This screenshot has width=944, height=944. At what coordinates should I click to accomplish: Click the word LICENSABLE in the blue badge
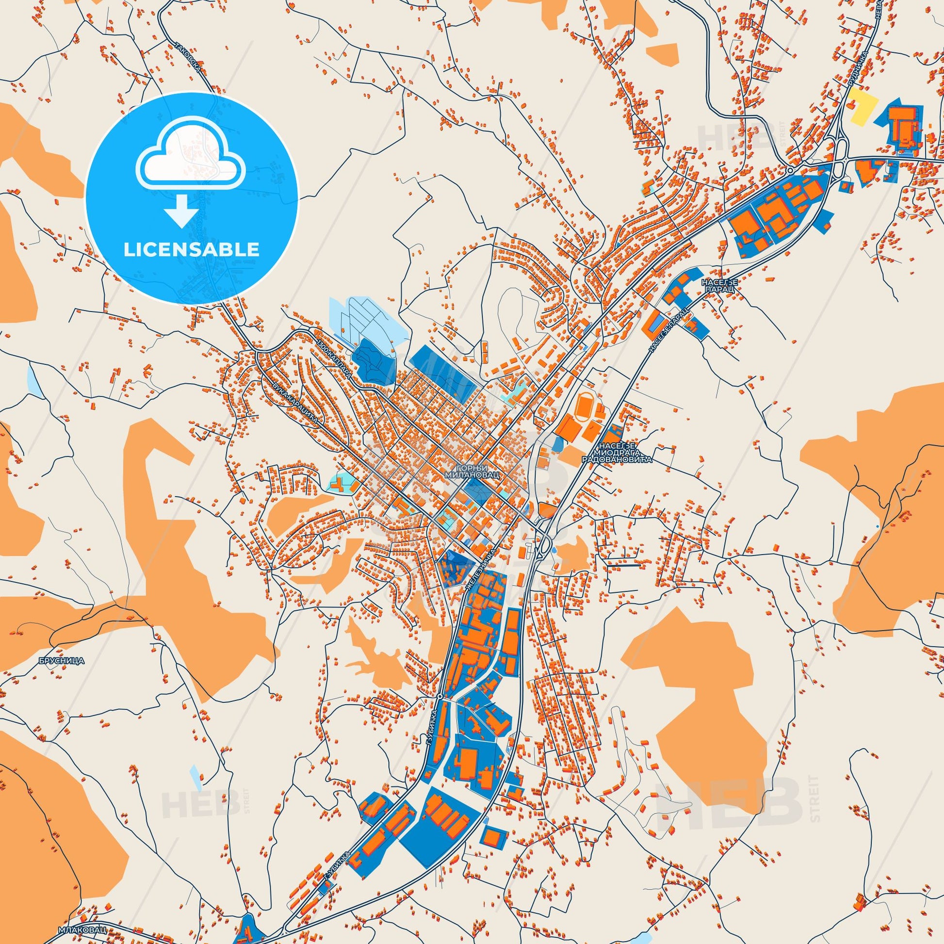[191, 249]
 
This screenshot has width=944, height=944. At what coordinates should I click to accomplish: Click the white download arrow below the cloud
[181, 211]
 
